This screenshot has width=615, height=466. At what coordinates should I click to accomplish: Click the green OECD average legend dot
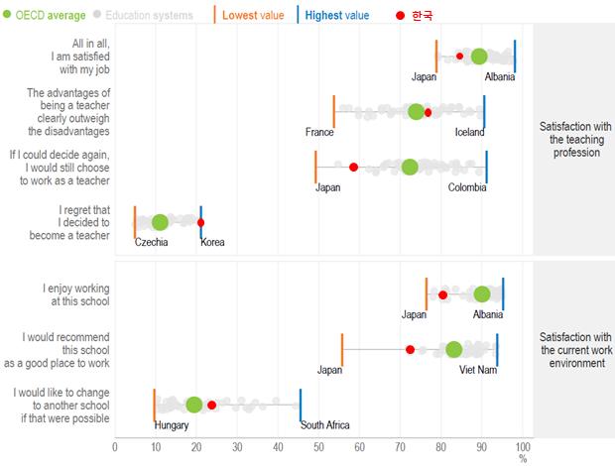pyautogui.click(x=9, y=15)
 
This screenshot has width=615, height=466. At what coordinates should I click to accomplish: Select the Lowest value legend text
pyautogui.click(x=254, y=15)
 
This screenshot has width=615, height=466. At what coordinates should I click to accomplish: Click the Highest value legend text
pyautogui.click(x=337, y=15)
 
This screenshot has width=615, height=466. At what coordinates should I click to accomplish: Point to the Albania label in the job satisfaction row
pyautogui.click(x=501, y=76)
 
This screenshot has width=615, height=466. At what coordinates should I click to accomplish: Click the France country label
pyautogui.click(x=319, y=132)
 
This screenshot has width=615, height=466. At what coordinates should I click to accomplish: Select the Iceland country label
pyautogui.click(x=470, y=132)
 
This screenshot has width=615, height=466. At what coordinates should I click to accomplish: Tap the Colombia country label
pyautogui.click(x=467, y=187)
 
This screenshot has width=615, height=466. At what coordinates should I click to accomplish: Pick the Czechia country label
pyautogui.click(x=151, y=243)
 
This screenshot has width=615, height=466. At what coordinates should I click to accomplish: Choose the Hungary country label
pyautogui.click(x=172, y=425)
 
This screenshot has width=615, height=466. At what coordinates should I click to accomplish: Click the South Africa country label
pyautogui.click(x=325, y=425)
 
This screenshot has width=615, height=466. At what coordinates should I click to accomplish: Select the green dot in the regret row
pyautogui.click(x=160, y=222)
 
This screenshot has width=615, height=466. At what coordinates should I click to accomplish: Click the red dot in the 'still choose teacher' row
pyautogui.click(x=353, y=167)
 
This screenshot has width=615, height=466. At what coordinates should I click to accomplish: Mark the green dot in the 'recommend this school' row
pyautogui.click(x=453, y=349)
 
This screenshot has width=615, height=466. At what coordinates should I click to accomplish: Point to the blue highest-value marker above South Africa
pyautogui.click(x=301, y=405)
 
